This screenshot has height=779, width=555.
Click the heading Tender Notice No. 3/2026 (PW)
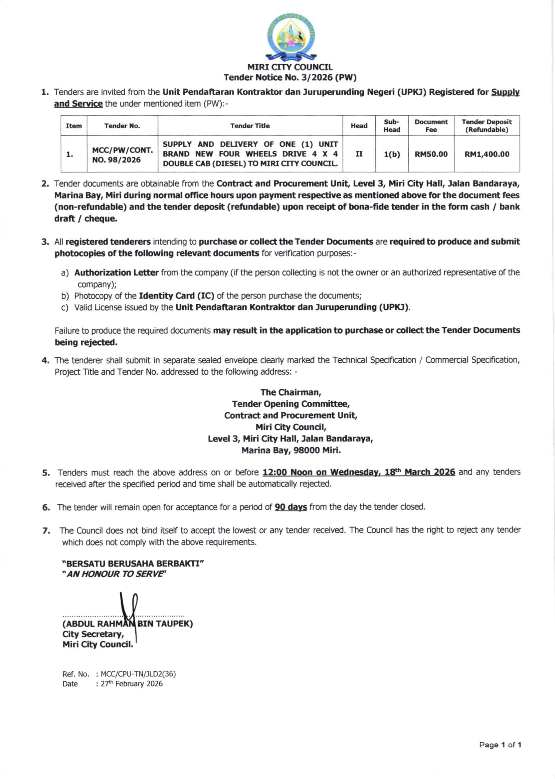tap(290, 78)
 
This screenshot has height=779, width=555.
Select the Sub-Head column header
tap(392, 126)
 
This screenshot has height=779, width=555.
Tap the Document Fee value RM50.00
tap(431, 154)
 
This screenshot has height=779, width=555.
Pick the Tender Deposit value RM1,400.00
tap(487, 154)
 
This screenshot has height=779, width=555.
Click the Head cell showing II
tap(359, 154)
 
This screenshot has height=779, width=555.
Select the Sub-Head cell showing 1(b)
tap(392, 154)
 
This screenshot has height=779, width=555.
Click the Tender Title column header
tap(250, 126)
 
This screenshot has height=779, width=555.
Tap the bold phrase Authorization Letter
tap(116, 272)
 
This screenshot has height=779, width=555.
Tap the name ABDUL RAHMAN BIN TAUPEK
tap(127, 623)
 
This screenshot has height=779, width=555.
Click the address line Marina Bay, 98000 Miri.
tap(291, 450)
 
